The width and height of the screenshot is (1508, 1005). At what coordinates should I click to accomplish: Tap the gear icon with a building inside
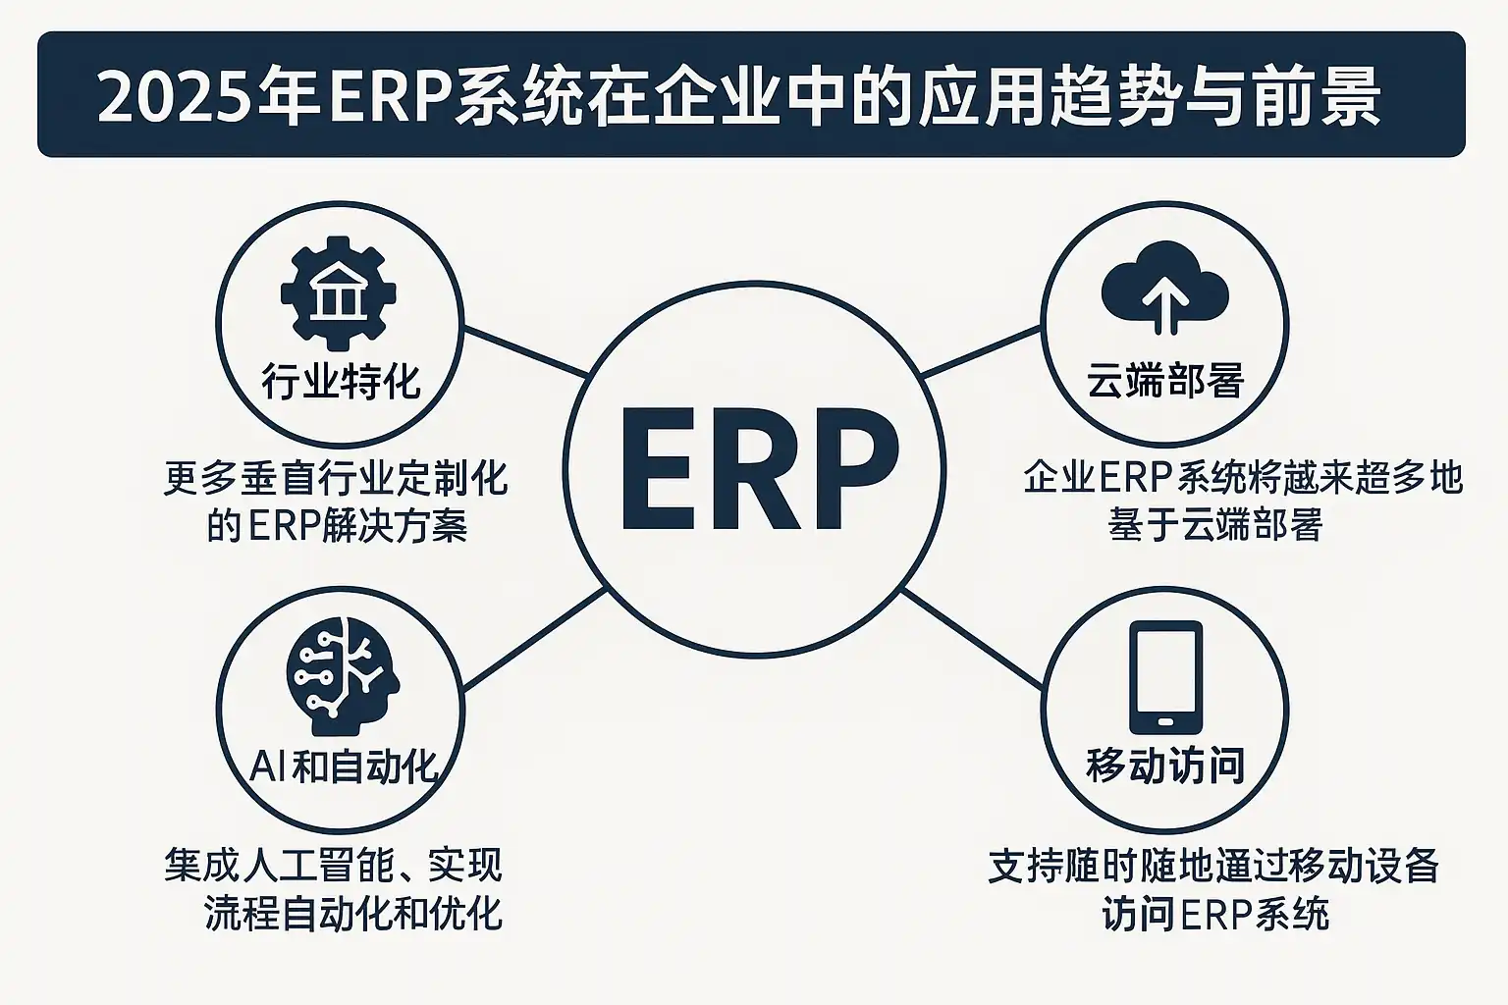[339, 291]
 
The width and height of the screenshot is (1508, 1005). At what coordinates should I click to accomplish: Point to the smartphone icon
[1165, 677]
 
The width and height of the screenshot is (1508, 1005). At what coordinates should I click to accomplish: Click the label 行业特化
[340, 381]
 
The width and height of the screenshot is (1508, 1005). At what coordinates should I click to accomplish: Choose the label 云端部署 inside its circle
[1165, 381]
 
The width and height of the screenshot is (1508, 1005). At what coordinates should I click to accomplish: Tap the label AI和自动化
[342, 767]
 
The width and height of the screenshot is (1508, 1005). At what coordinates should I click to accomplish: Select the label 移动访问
[1165, 766]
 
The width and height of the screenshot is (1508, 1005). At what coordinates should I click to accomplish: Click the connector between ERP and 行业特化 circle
[525, 350]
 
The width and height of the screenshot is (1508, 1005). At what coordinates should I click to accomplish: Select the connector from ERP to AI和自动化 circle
[533, 638]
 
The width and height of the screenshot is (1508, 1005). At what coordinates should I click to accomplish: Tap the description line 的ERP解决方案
[337, 527]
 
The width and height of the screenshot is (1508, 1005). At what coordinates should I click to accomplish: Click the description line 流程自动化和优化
[353, 914]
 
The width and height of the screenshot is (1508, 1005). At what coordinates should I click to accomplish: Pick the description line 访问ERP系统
[1215, 914]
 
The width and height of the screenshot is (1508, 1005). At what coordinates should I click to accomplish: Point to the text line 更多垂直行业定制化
[336, 479]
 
